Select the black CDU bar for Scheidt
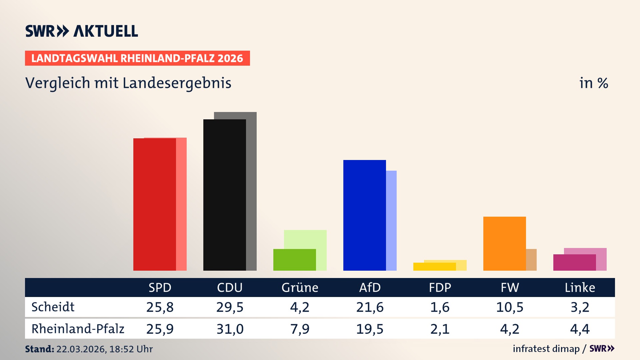[224, 195]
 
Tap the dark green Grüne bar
[294, 260]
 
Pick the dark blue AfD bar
[364, 215]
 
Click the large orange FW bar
[504, 243]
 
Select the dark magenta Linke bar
[574, 262]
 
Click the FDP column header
[440, 287]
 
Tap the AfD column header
[370, 287]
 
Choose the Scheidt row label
[53, 307]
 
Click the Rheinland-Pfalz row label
[78, 329]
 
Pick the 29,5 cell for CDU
[230, 307]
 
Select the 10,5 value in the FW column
[510, 307]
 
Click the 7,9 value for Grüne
[300, 329]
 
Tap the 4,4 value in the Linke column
[580, 329]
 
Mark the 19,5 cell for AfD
[370, 329]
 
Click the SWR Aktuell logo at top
[82, 31]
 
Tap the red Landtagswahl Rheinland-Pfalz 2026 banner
[137, 58]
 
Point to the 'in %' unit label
[593, 83]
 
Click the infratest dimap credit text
[546, 349]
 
